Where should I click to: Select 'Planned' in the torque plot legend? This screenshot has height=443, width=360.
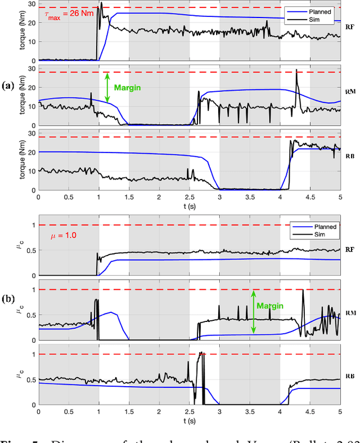321,10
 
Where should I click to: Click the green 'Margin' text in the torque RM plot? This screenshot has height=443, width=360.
127,88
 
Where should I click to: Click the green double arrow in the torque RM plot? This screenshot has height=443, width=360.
107,87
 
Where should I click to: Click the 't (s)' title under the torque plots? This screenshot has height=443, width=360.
189,205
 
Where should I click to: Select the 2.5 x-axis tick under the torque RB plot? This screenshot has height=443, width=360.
189,197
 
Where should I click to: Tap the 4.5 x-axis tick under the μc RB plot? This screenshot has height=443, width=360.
310,412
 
